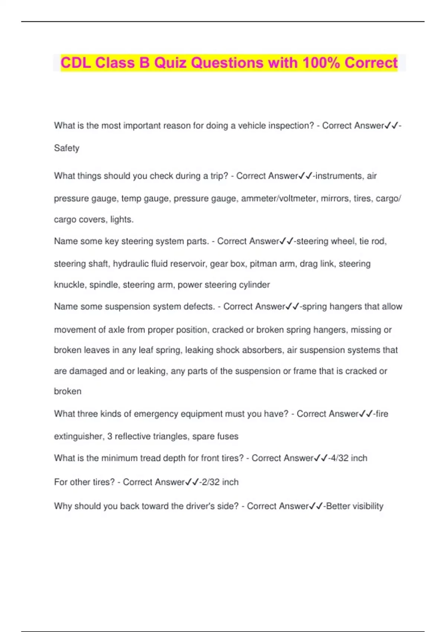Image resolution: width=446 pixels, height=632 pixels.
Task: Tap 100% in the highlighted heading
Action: coord(321,63)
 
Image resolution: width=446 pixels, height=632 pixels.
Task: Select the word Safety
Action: coord(67,148)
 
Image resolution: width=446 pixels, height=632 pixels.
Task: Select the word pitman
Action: coord(263,264)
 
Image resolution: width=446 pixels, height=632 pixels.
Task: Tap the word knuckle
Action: coord(70,285)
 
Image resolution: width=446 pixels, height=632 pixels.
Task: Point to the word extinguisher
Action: coord(78,436)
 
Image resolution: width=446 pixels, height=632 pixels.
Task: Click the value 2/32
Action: coord(210,482)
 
